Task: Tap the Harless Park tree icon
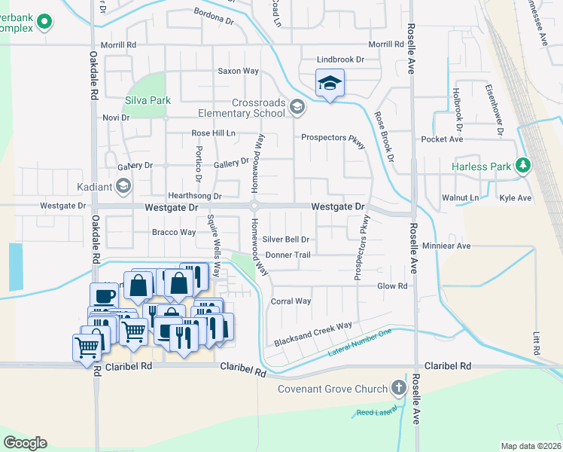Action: (x=523, y=166)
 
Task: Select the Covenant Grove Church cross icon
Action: (x=398, y=389)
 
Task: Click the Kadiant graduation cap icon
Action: (x=123, y=185)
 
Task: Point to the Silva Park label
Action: (x=148, y=100)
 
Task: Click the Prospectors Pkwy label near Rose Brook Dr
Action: (x=332, y=139)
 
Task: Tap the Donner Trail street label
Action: (x=287, y=255)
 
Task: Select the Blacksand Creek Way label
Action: (x=313, y=326)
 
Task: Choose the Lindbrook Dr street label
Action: (x=340, y=59)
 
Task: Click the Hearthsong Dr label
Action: (x=194, y=196)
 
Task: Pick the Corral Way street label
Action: (x=291, y=301)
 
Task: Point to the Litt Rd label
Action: (x=537, y=344)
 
